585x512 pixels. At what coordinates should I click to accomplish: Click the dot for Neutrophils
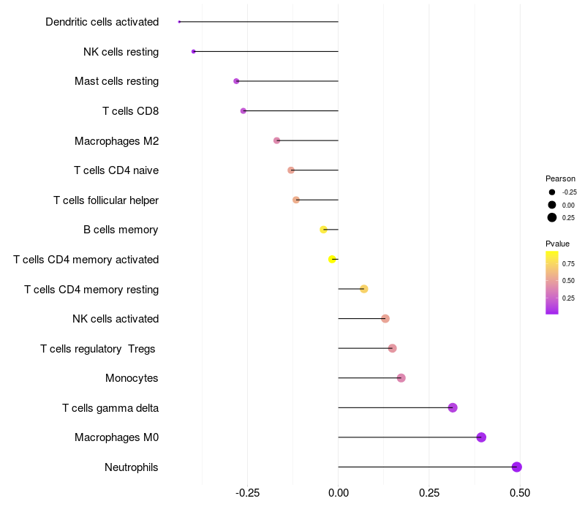tap(516, 467)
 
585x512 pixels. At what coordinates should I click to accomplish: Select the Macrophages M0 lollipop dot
tap(481, 437)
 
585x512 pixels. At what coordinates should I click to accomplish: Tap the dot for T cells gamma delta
tap(453, 407)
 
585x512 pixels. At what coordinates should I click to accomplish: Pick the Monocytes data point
tap(401, 378)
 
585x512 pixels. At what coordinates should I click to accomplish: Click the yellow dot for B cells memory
tap(324, 230)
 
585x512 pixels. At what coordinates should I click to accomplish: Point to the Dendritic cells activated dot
tap(179, 22)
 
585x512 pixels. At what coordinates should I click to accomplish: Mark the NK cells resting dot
tap(193, 51)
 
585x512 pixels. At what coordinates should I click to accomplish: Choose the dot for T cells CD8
tap(244, 111)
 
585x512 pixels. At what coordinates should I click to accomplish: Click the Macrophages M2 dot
tap(276, 140)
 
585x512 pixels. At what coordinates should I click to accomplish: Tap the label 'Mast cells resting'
tap(116, 81)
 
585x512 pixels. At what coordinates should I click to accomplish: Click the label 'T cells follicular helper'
tap(106, 200)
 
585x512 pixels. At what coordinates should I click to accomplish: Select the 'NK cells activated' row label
tap(116, 319)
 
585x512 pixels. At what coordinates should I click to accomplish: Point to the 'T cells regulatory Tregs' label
tap(98, 349)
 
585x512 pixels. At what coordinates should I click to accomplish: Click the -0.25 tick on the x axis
tap(247, 494)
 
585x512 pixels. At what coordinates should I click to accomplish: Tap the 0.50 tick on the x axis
tap(520, 494)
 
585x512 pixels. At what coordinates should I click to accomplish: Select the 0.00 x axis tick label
tap(339, 494)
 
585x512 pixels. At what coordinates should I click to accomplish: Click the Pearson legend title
tap(560, 178)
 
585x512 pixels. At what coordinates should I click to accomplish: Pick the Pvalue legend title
tap(557, 244)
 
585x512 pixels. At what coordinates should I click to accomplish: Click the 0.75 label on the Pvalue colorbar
tap(568, 263)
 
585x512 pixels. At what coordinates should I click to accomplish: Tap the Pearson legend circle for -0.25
tap(552, 192)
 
